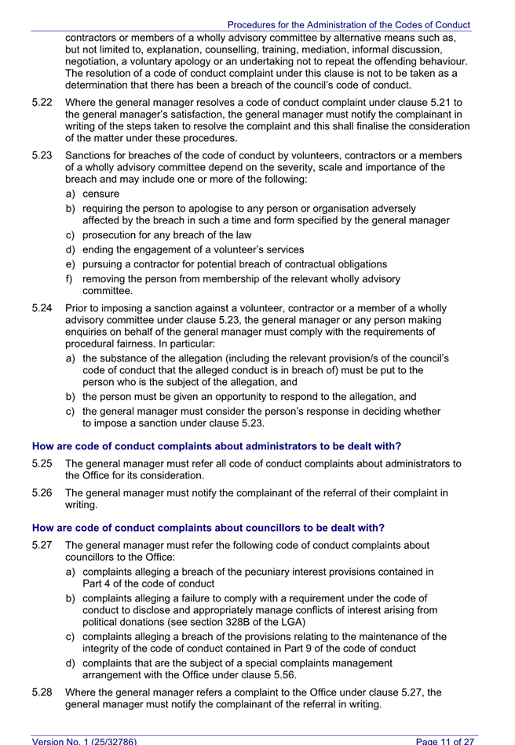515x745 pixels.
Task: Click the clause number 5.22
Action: click(42, 102)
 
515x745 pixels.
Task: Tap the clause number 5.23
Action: click(42, 155)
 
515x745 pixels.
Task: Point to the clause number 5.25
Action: click(42, 463)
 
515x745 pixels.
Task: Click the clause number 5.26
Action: click(42, 493)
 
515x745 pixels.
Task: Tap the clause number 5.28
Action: click(42, 692)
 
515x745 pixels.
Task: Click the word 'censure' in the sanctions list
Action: click(101, 194)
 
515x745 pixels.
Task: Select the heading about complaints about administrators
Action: click(216, 446)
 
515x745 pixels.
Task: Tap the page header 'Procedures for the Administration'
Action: click(349, 25)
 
